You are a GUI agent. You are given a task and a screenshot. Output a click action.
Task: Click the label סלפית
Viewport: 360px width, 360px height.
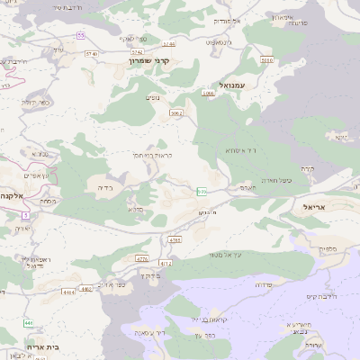click(328, 247)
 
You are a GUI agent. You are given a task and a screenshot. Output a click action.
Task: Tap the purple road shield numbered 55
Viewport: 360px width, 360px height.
click(81, 35)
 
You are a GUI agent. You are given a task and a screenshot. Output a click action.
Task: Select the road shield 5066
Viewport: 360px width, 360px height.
click(209, 93)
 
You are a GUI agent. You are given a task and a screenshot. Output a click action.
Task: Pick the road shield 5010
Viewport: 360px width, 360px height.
click(265, 60)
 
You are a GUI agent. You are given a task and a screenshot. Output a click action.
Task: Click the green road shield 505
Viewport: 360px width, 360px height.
click(202, 191)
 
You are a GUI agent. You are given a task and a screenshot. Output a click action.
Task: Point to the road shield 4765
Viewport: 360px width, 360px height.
click(175, 240)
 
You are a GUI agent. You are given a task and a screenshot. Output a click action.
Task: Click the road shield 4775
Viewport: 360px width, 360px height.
click(141, 258)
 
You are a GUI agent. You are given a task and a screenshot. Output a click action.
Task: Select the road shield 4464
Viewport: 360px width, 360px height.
click(68, 292)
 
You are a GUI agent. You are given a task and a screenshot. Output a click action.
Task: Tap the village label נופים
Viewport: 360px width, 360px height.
click(153, 96)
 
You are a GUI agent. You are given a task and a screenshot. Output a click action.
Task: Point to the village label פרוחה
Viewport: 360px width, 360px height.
click(265, 283)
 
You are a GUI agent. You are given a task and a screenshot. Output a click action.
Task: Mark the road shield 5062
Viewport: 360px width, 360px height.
click(176, 113)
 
